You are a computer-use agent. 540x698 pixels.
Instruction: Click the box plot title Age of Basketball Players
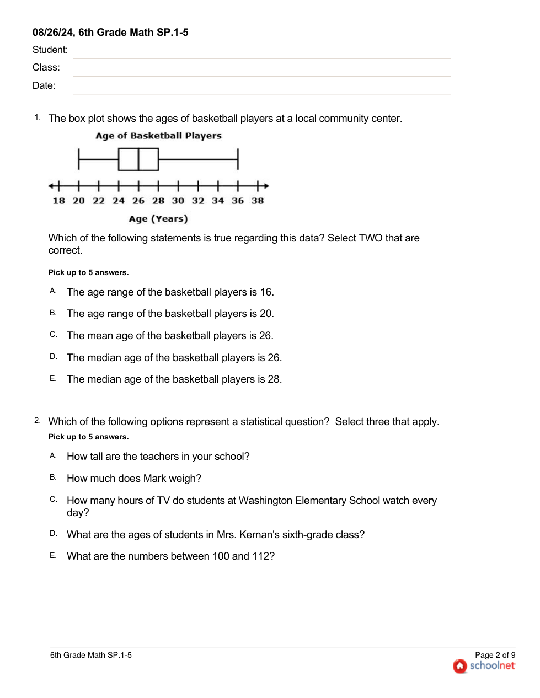[x=158, y=136]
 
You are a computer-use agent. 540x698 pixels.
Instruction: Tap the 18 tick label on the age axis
[x=58, y=201]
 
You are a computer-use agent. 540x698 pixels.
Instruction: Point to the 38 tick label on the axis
[x=258, y=201]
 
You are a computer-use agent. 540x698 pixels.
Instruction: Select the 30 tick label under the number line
[x=178, y=201]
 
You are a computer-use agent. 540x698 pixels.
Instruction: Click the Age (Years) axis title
[x=158, y=219]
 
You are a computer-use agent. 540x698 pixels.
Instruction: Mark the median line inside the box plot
[x=138, y=159]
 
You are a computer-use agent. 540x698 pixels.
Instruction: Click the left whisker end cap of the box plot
[x=79, y=159]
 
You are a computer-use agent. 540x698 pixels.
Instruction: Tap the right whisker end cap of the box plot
[x=238, y=159]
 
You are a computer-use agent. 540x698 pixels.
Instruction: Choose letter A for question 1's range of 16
[x=52, y=291]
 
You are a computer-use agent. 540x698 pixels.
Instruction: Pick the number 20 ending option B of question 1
[x=266, y=314]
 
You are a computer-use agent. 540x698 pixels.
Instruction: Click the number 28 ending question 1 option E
[x=274, y=379]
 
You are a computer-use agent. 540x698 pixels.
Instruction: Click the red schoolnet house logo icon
[x=460, y=666]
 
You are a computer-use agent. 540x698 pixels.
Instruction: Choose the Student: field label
[x=50, y=50]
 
